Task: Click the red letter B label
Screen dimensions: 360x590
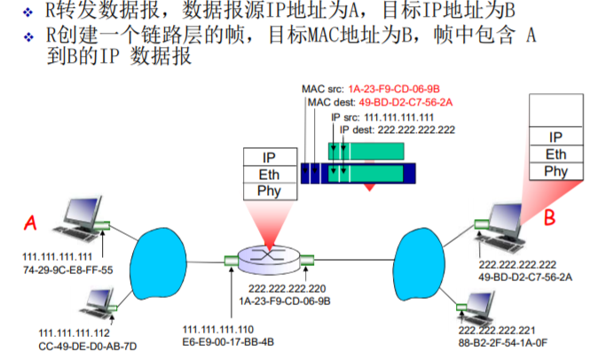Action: pos(549,215)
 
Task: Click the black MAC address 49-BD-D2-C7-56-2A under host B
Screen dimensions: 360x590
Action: pos(525,277)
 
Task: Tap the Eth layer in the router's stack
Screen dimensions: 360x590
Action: pos(268,175)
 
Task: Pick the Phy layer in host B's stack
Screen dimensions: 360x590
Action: pos(555,171)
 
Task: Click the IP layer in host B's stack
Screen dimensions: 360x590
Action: pos(555,136)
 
